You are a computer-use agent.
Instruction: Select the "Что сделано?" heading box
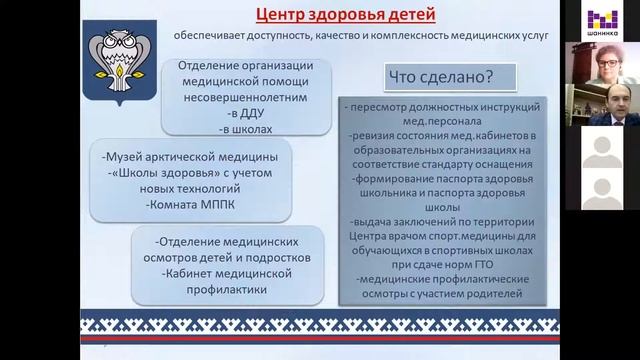[451, 76]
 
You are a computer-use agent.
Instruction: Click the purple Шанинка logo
[601, 19]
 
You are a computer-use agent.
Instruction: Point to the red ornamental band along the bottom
[320, 325]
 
